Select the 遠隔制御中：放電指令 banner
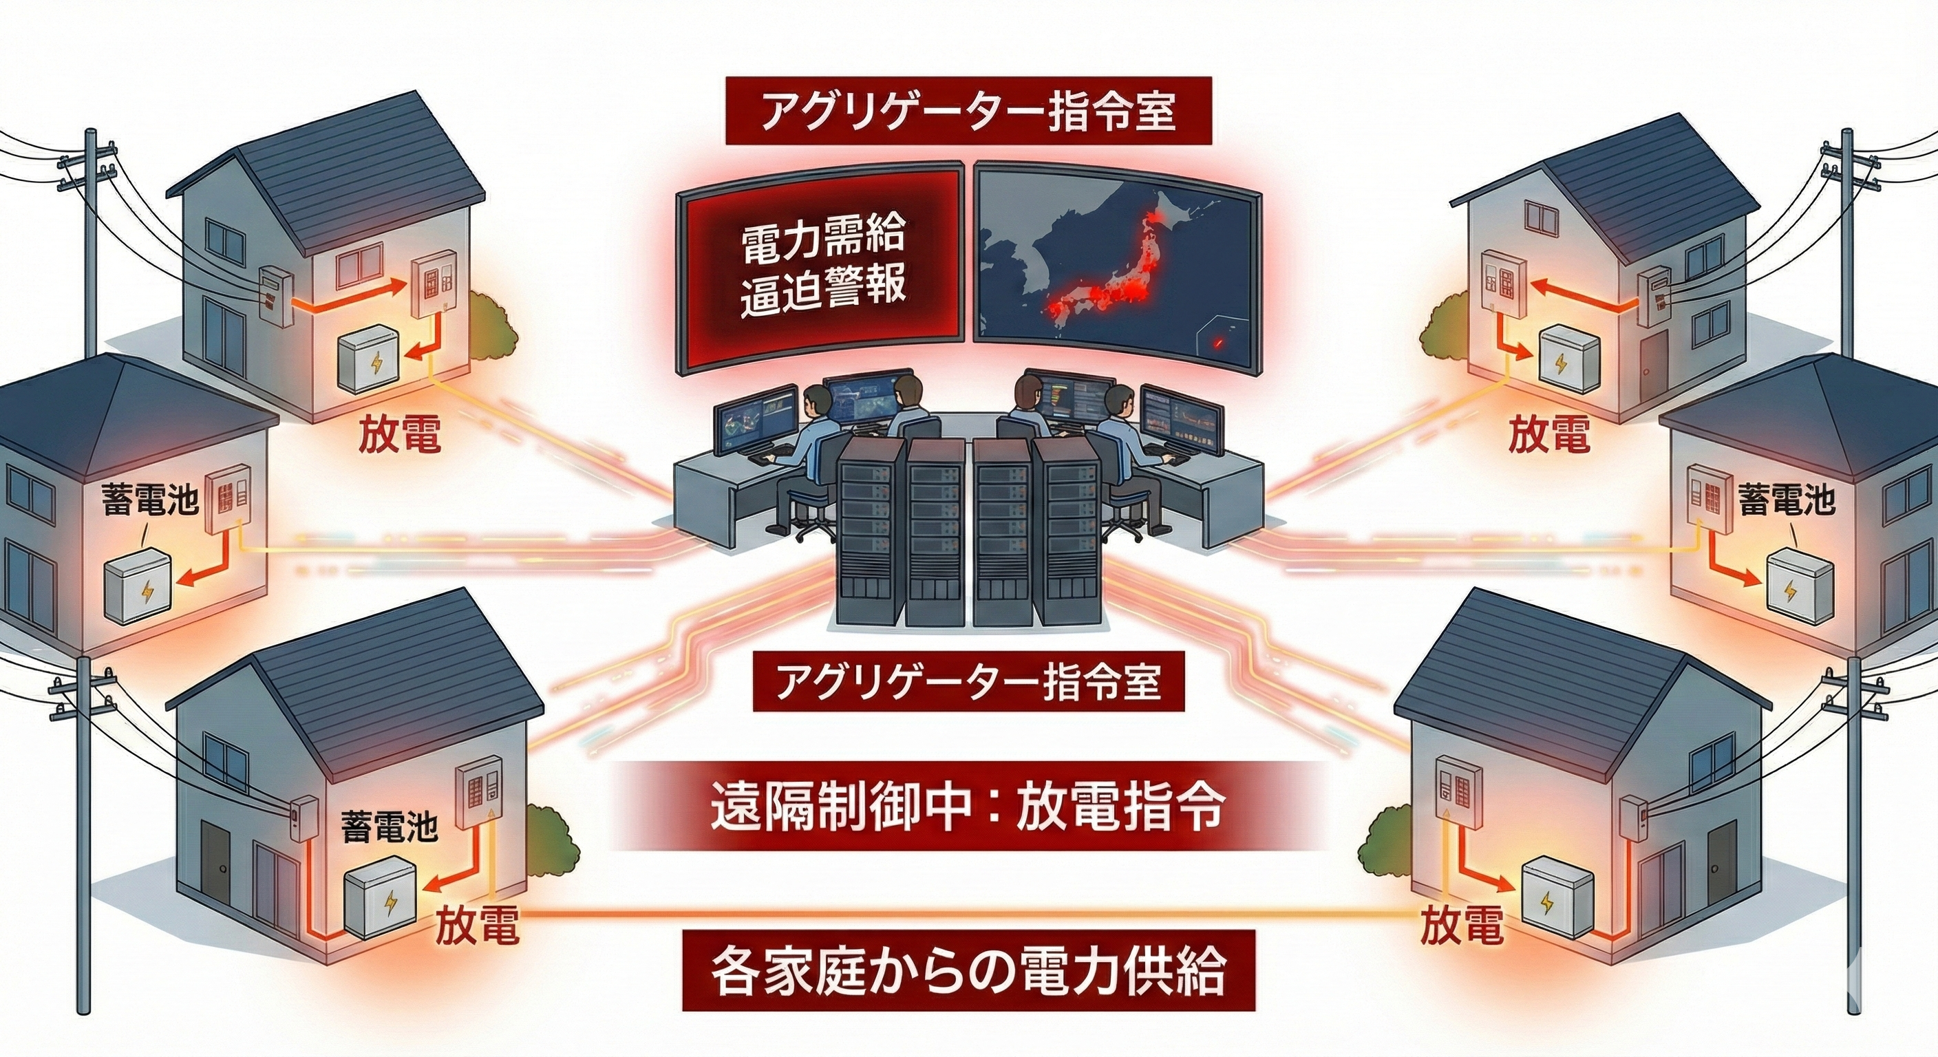(968, 807)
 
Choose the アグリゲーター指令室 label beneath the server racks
(968, 684)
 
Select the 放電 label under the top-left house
(398, 435)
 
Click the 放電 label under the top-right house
(1548, 435)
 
